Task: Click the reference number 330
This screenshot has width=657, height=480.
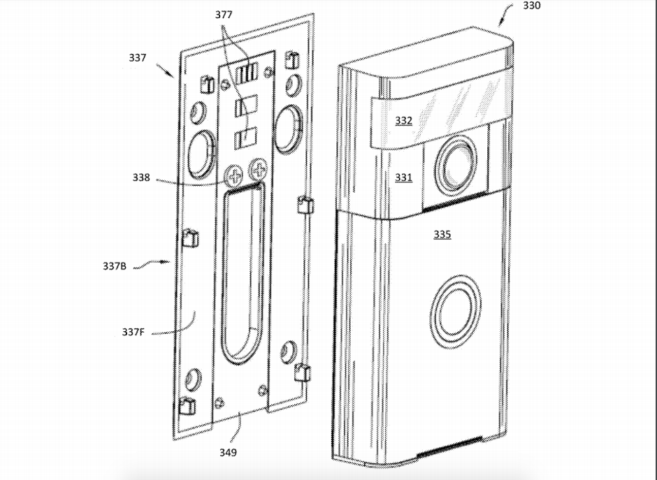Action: (531, 6)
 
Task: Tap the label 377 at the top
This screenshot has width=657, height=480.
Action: (224, 14)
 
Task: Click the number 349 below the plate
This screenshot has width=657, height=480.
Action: (227, 453)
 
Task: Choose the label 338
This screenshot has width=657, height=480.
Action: (140, 177)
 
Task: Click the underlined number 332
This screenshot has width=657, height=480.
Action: (403, 121)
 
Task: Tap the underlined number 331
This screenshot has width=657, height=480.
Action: (403, 177)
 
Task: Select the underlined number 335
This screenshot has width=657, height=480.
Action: (442, 235)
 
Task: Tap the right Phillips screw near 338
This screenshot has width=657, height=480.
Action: (259, 168)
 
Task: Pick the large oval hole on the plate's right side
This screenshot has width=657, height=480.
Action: (288, 128)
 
